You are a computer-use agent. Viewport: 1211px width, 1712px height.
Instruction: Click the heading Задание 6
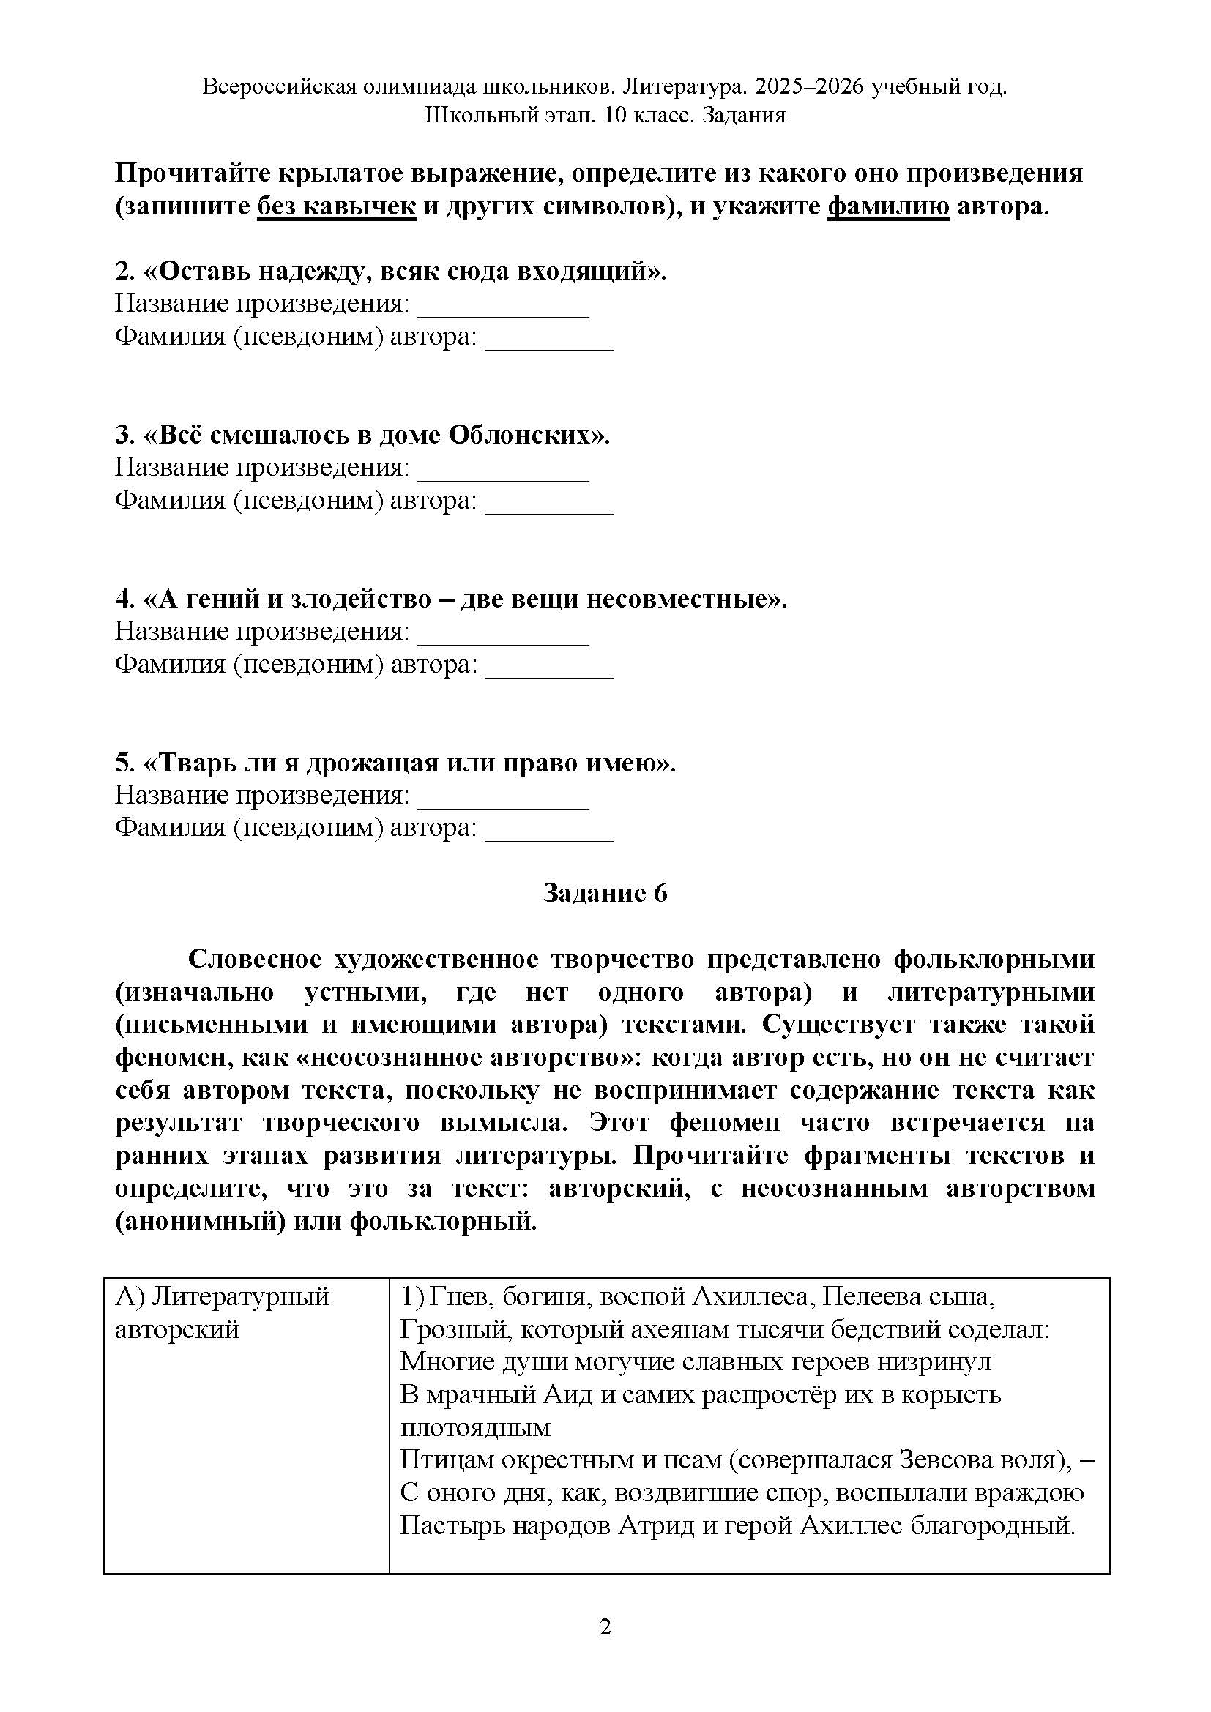coord(605,892)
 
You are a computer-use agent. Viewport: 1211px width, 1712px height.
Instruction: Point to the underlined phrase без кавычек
coord(336,206)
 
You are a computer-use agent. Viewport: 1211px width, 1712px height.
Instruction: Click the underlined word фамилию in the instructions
coord(889,206)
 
